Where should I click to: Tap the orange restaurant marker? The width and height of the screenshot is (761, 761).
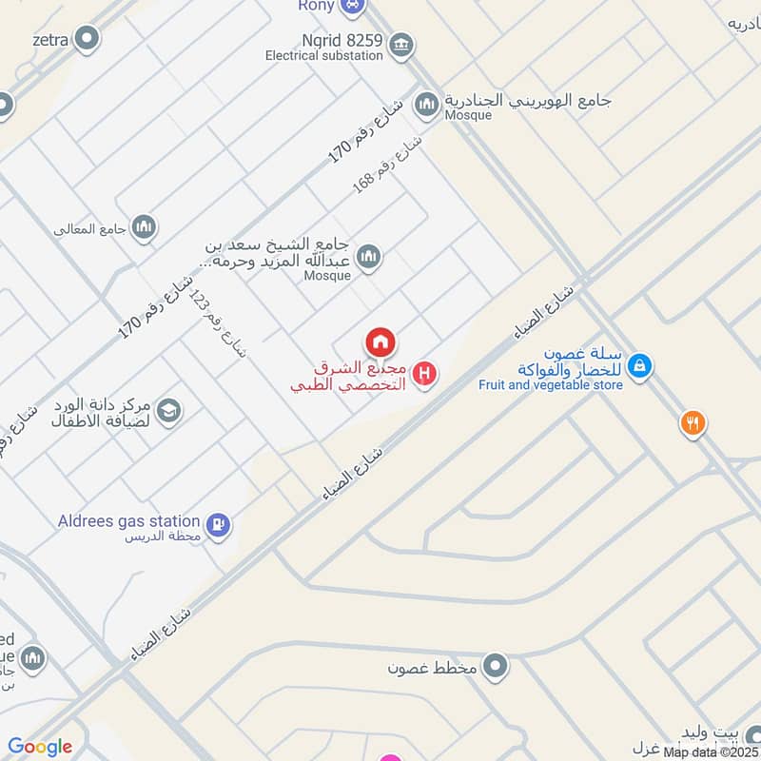(x=693, y=423)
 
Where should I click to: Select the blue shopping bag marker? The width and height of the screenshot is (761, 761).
(x=640, y=365)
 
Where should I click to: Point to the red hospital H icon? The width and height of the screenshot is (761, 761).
(x=426, y=373)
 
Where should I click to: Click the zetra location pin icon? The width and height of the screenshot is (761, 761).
(x=88, y=39)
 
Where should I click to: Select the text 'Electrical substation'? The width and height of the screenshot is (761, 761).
(x=324, y=55)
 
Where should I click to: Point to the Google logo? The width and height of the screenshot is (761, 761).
(x=40, y=748)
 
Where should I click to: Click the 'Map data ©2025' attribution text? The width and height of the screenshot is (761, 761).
(x=712, y=752)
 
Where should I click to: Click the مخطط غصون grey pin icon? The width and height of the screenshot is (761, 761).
(x=495, y=667)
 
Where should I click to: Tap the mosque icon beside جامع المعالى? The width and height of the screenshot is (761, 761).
(x=145, y=226)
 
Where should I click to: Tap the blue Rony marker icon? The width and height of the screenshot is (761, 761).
(x=353, y=5)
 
